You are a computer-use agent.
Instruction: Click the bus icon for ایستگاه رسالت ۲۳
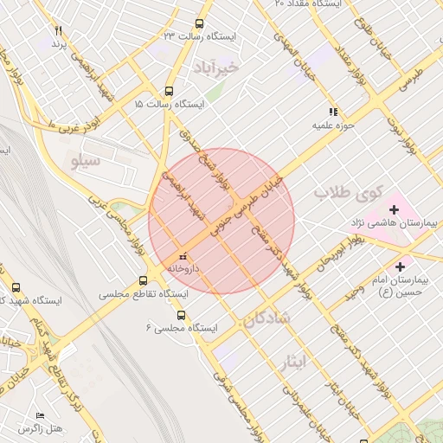tap(200, 24)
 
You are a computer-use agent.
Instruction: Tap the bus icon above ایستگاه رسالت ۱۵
tap(169, 90)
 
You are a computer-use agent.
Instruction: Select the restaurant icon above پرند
tap(58, 31)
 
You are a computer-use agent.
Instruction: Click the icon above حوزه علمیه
tap(332, 112)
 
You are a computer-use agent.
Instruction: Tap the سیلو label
tap(87, 159)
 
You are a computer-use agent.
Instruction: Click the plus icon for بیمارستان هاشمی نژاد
tap(395, 209)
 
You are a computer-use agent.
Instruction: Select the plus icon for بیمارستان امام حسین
tap(400, 266)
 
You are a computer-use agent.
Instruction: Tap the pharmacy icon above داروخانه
tap(182, 257)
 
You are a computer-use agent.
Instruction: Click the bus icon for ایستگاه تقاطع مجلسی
tap(144, 280)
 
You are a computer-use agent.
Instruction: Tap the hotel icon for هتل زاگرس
tap(40, 415)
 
